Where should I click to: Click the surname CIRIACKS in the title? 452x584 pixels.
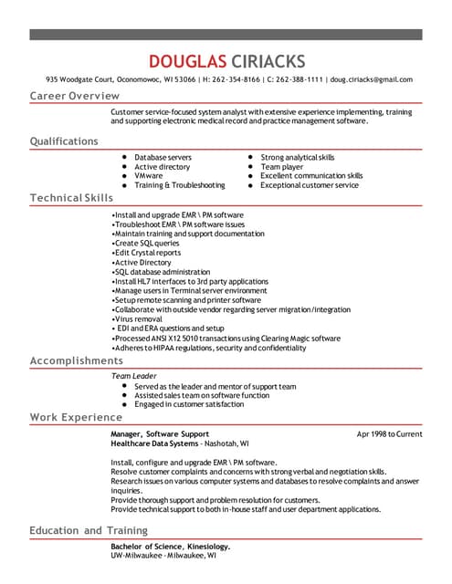[x=266, y=61]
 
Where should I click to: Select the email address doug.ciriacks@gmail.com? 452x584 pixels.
[x=372, y=79]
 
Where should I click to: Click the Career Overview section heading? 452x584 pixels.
[x=74, y=96]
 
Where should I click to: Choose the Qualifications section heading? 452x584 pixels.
[x=64, y=141]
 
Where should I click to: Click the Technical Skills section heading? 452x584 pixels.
[x=71, y=198]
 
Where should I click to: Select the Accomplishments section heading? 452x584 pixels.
[x=76, y=360]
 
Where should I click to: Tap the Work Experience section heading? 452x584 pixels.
[x=76, y=417]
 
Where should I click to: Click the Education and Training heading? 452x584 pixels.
[x=88, y=530]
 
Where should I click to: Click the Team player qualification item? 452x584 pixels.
[x=281, y=167]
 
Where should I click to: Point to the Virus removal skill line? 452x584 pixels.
[x=136, y=319]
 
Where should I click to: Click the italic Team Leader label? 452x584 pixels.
[x=133, y=376]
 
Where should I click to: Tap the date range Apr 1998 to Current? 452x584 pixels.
[x=389, y=433]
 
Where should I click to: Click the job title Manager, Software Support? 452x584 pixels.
[x=160, y=433]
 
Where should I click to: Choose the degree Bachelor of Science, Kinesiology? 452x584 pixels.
[x=170, y=546]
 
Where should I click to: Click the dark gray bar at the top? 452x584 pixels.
[x=226, y=34]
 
